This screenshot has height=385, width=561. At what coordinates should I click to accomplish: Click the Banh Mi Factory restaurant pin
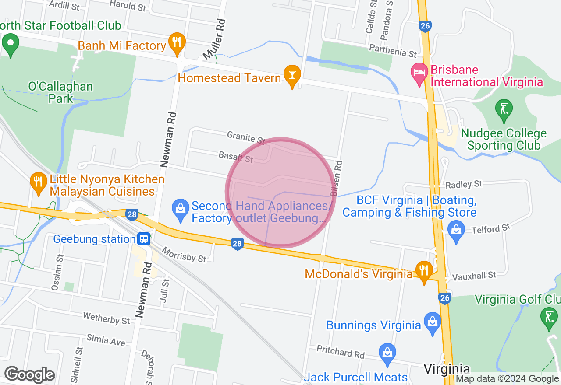point(177,43)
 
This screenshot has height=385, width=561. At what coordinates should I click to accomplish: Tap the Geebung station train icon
point(144,239)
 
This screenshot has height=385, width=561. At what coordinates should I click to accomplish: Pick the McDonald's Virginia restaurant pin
point(423,270)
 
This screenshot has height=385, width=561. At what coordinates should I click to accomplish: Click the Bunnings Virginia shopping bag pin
point(433,322)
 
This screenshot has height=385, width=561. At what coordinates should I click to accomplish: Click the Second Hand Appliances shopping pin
point(180,208)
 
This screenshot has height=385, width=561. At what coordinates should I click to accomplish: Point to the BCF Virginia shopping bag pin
point(456,230)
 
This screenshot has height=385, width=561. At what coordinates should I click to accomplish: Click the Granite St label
point(246,138)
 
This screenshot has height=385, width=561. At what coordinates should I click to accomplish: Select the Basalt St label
point(236,157)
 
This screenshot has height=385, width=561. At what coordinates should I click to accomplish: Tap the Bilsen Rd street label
point(336,177)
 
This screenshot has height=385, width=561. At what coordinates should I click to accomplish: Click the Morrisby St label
point(184,255)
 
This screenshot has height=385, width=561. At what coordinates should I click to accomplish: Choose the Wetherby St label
point(107,318)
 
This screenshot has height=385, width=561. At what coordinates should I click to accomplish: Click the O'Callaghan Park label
point(60,92)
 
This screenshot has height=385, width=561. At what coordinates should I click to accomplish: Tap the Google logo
point(29,375)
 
